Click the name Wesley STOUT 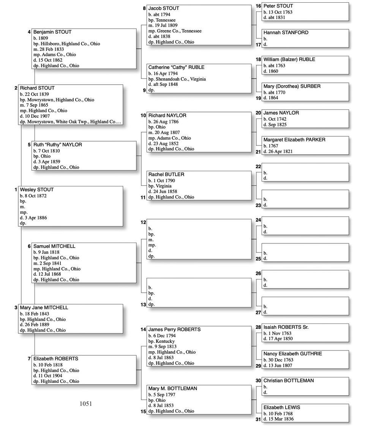37,189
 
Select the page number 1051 86,404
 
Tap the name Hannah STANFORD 286,33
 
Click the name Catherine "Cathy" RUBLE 176,67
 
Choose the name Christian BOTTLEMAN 289,380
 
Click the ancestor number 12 144,222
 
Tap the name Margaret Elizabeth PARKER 294,140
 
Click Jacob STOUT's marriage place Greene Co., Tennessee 179,31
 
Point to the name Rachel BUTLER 166,174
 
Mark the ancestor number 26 258,273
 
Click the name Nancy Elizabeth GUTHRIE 293,353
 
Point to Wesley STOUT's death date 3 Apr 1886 38,218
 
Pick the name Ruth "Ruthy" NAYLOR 57,145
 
